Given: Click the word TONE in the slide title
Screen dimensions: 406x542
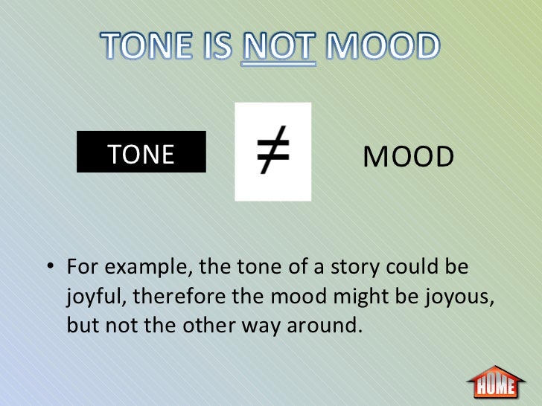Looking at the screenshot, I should click(149, 48).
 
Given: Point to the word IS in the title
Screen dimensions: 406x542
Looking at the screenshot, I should click(221, 48).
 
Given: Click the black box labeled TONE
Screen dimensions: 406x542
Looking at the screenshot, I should click(141, 154).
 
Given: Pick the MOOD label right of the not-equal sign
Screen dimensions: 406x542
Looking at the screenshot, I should click(409, 157).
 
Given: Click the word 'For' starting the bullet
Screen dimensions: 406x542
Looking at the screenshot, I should click(80, 268).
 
